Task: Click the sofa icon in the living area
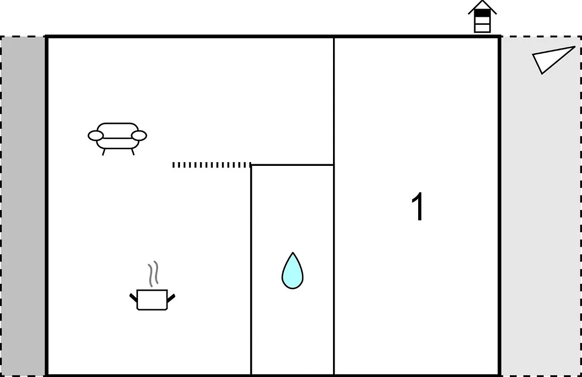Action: [117, 138]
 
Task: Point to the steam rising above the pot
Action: [153, 274]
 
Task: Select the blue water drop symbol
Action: [293, 271]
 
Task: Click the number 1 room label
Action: [418, 207]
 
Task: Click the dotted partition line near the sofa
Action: [212, 165]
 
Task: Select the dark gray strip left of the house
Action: [23, 206]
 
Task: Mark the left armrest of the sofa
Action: [96, 135]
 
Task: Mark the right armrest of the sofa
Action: [139, 135]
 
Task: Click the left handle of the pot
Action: [133, 298]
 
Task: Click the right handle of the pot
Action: [171, 298]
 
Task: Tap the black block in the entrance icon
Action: [482, 13]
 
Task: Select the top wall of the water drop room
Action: [293, 165]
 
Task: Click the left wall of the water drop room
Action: [251, 270]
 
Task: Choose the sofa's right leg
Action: [133, 152]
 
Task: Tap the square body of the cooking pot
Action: [152, 300]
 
